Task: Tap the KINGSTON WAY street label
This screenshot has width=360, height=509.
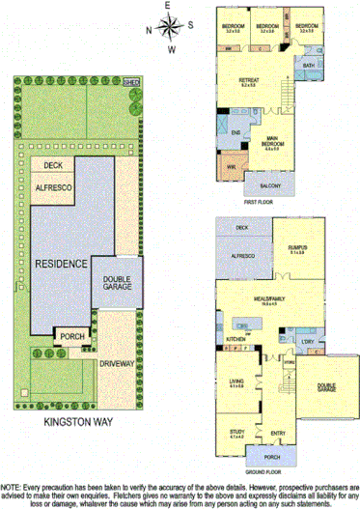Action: (80, 422)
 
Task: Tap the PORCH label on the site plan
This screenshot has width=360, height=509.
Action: (72, 336)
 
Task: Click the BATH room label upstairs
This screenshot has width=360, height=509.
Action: (308, 66)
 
